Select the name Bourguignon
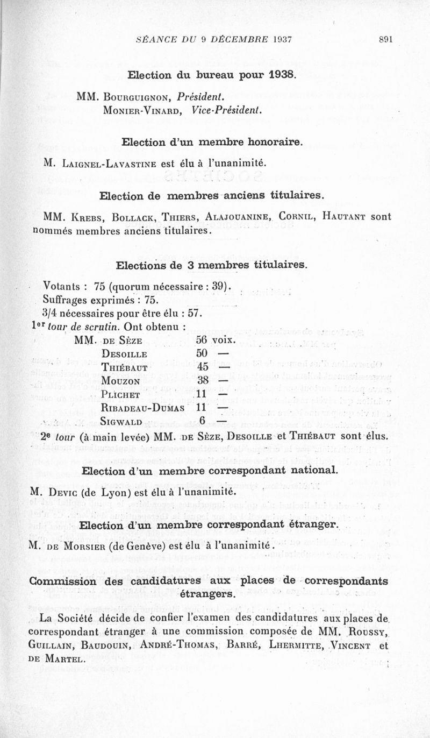click(137, 97)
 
